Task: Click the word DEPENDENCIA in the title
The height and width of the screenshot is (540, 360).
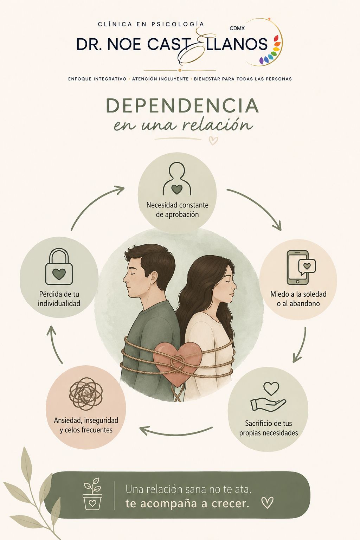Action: coord(182,105)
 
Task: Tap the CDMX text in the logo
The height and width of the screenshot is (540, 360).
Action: coord(237,28)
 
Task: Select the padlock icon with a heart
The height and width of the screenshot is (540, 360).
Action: coord(59,266)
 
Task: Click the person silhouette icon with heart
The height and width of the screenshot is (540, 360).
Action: coord(177,178)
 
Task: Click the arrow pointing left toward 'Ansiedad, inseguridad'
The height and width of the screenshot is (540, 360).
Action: coord(176,433)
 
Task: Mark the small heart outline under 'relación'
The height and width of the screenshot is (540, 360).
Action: coord(213,140)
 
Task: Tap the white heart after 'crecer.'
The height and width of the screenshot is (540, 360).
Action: coord(268,503)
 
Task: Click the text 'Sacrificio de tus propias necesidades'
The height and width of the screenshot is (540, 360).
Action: coord(268,428)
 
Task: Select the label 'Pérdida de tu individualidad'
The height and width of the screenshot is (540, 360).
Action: coord(59,299)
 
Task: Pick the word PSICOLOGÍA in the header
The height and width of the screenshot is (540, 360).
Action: coord(178,24)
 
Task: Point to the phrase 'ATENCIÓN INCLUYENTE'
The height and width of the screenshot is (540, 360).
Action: coord(160,79)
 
